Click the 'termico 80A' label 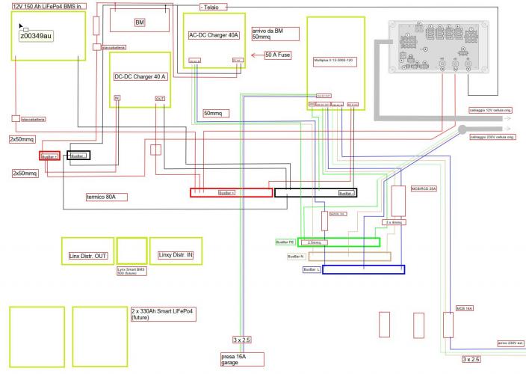point(106,197)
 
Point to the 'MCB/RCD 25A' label point(423,188)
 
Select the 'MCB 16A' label point(465,307)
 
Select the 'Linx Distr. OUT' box point(88,255)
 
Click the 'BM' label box point(139,22)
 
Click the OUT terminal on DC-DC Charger point(160,99)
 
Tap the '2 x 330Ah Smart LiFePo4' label point(161,313)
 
